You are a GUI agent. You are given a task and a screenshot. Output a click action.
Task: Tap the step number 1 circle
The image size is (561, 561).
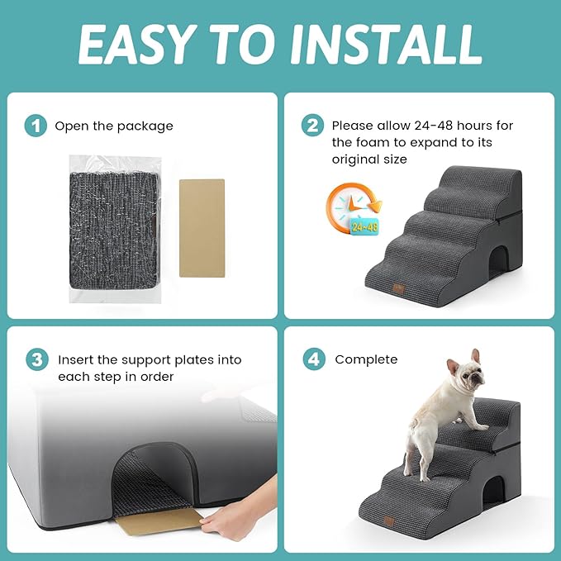(35, 126)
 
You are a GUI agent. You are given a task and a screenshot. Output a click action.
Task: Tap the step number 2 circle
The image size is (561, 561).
(312, 126)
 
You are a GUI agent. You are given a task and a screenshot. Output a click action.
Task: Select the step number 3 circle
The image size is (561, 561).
(35, 360)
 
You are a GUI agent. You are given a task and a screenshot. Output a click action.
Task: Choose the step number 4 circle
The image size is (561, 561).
(312, 360)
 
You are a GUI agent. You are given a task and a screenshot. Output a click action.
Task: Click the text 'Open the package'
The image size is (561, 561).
(114, 126)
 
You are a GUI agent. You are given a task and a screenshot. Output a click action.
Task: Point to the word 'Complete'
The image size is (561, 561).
(366, 360)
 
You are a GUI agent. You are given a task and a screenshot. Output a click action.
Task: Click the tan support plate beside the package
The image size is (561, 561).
(202, 228)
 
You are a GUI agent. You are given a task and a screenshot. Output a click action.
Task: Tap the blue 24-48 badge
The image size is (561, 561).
(365, 225)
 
